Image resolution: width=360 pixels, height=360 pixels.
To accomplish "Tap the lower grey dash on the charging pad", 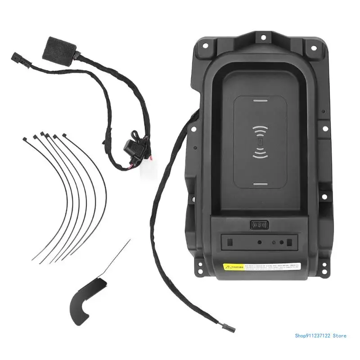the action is pos(260,184).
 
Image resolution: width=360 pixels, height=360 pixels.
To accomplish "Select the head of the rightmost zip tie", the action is pos(65,134).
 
